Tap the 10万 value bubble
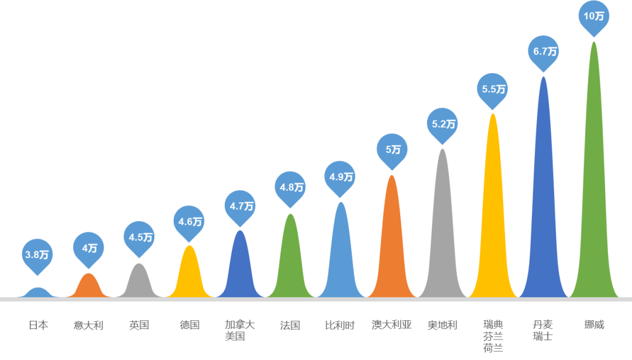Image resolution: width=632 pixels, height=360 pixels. pyautogui.click(x=594, y=16)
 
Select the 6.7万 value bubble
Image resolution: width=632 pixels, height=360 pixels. pyautogui.click(x=544, y=52)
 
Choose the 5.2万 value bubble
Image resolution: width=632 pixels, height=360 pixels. pyautogui.click(x=443, y=124)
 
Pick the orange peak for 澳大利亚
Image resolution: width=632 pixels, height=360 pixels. pyautogui.click(x=391, y=246)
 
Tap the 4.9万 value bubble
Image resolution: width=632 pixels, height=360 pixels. pyautogui.click(x=341, y=177)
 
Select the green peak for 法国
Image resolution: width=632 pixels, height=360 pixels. pyautogui.click(x=290, y=263)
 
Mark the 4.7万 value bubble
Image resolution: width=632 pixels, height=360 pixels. pyautogui.click(x=240, y=206)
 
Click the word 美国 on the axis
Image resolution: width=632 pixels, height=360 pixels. pyautogui.click(x=235, y=337)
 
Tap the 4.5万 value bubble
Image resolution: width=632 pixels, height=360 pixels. pyautogui.click(x=139, y=238)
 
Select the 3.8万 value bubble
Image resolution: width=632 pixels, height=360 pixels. pyautogui.click(x=38, y=255)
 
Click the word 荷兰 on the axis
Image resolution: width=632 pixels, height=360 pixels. pyautogui.click(x=493, y=348)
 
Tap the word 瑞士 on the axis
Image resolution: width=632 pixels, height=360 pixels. pyautogui.click(x=542, y=337)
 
